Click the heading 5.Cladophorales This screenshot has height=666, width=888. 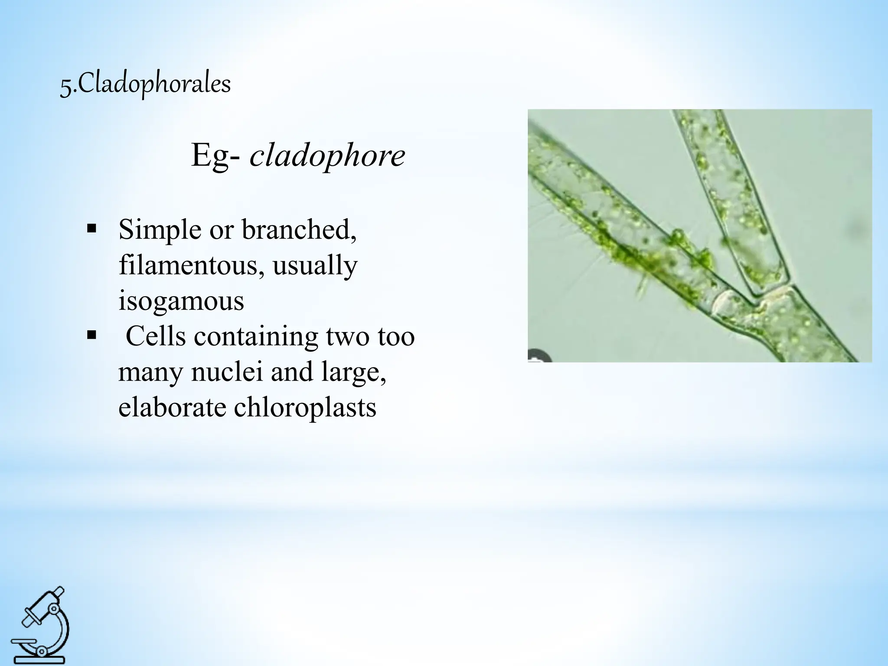coord(145,84)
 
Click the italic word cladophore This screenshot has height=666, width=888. coord(327,156)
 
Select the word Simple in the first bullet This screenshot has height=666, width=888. coord(160,230)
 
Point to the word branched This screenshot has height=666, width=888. coord(299,230)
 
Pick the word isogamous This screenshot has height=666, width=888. coord(181,300)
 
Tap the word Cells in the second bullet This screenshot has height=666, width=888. coord(156,336)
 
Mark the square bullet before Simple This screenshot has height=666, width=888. coord(91,228)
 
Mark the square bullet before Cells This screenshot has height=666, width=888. coord(91,334)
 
